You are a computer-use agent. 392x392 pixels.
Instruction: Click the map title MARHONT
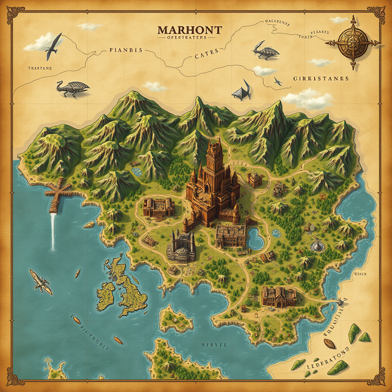(189, 30)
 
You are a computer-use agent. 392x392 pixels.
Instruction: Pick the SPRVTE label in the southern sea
(215, 345)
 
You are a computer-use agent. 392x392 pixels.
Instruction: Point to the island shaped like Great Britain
(128, 289)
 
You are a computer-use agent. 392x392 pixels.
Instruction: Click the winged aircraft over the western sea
(41, 282)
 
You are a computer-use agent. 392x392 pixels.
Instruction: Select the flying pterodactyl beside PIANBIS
(53, 43)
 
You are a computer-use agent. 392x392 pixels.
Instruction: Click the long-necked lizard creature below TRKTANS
(72, 88)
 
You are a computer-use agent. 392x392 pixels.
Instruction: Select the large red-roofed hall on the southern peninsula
(279, 297)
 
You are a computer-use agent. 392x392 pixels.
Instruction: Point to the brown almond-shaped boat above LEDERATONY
(329, 343)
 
